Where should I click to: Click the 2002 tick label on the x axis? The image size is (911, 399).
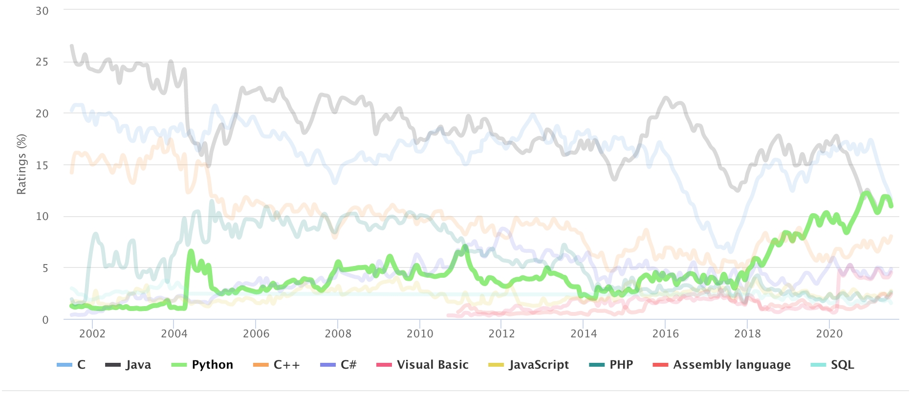(92, 334)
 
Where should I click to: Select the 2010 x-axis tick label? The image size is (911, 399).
(420, 334)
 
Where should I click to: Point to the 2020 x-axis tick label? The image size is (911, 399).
(829, 334)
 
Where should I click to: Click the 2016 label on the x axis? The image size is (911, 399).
(666, 334)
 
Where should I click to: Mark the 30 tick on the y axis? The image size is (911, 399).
(42, 11)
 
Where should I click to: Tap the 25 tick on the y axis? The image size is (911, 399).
(42, 62)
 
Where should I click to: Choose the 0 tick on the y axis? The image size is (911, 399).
(45, 320)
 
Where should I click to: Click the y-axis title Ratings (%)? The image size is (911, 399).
(22, 164)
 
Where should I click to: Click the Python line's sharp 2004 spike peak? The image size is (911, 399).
(191, 252)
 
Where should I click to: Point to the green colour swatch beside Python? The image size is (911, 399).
(179, 365)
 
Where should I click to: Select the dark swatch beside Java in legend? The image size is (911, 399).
(113, 365)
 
